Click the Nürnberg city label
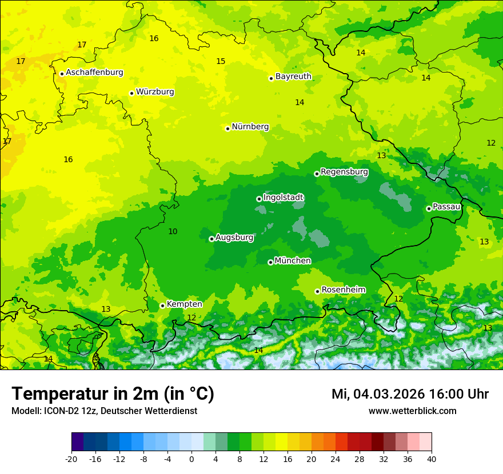(x=250, y=127)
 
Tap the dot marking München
(x=270, y=262)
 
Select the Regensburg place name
(x=344, y=172)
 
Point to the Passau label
(x=446, y=207)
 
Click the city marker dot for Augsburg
(x=211, y=239)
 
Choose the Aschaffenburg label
(x=94, y=73)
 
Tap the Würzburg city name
(x=155, y=92)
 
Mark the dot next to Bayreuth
(x=272, y=78)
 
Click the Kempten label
(x=184, y=304)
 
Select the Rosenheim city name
(x=343, y=290)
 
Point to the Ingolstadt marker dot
(x=259, y=199)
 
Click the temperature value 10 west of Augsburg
(x=173, y=231)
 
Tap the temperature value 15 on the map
(x=221, y=61)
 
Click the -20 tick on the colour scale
(x=71, y=459)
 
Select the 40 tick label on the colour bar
(x=431, y=459)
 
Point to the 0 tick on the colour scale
(x=191, y=459)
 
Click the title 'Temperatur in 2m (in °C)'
(x=113, y=394)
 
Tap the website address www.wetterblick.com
(x=412, y=411)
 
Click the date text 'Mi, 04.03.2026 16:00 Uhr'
(x=410, y=394)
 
